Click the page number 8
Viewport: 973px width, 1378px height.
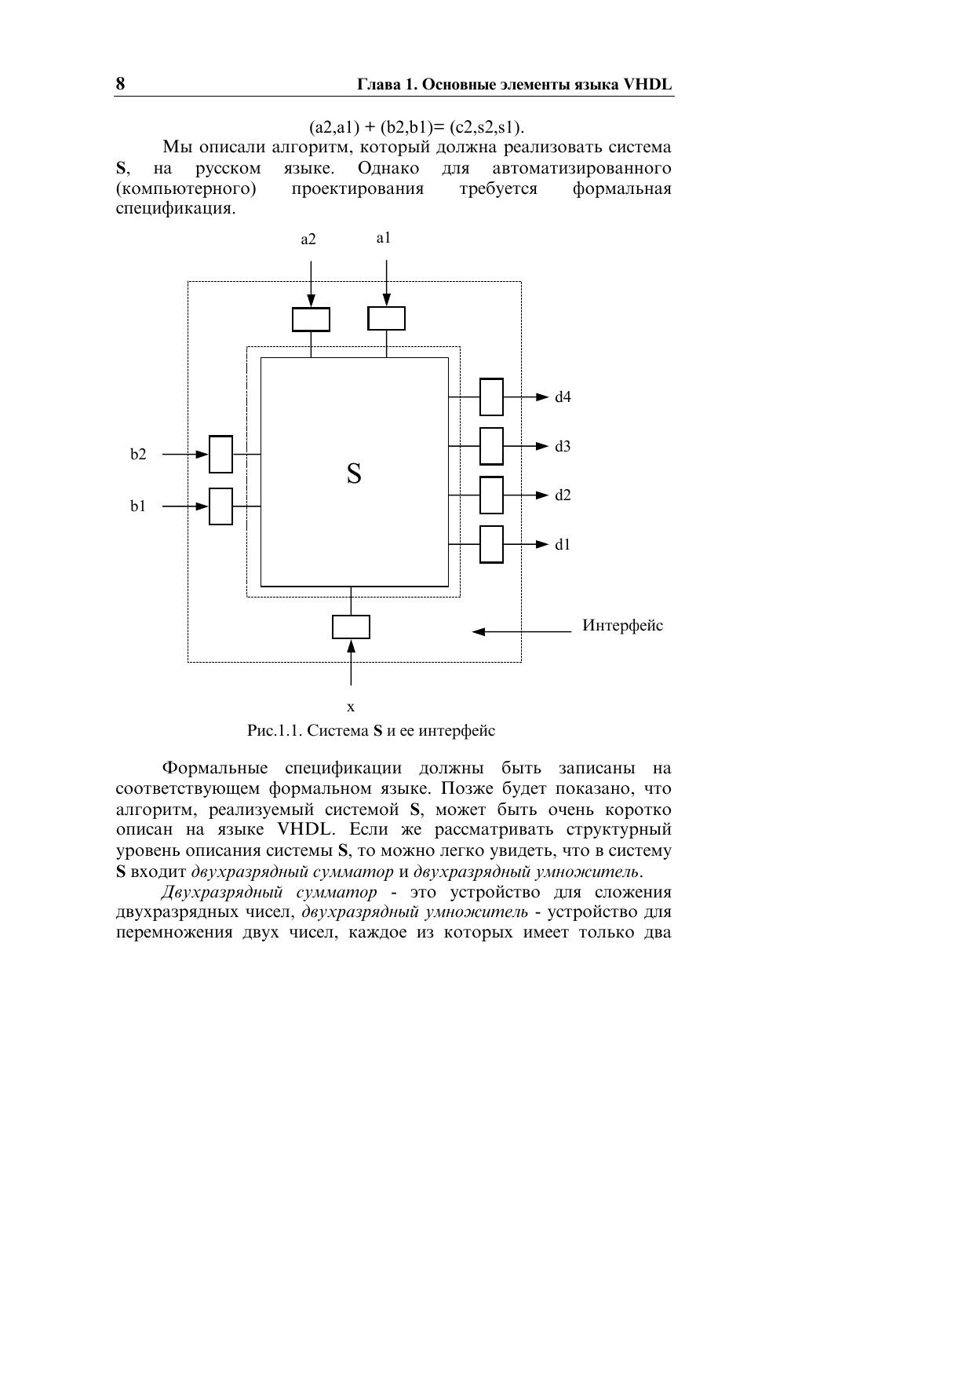tap(120, 84)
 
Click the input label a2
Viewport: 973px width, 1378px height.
tap(308, 239)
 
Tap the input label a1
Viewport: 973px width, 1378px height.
tap(383, 238)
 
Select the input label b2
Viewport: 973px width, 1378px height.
tap(138, 455)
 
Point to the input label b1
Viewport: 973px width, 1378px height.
tap(138, 506)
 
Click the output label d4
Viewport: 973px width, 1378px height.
tap(563, 397)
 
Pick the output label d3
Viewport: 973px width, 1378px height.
tap(563, 447)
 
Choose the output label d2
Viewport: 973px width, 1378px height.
tap(563, 495)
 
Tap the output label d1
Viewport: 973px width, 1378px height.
tap(563, 545)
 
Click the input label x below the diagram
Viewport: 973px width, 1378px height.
tap(351, 707)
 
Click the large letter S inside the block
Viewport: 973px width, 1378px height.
tap(354, 473)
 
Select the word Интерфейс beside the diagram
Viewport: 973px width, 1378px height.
tap(622, 626)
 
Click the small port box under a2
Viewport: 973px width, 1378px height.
tap(311, 320)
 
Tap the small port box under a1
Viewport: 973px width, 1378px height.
tap(386, 319)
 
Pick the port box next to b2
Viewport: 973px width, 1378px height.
tap(221, 455)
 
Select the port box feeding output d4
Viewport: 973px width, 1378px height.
tap(491, 397)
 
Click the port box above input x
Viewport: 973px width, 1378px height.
tap(351, 627)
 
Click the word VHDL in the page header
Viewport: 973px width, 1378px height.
tap(647, 85)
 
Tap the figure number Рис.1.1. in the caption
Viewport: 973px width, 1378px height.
tap(275, 731)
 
